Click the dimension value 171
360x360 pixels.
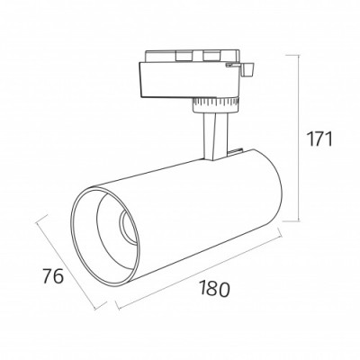(x=319, y=139)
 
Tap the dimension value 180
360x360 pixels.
(x=214, y=288)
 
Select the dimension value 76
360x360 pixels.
(x=53, y=276)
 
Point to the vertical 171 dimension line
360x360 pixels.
(x=299, y=139)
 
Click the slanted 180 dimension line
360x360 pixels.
(x=199, y=268)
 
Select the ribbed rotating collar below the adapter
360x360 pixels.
(x=215, y=105)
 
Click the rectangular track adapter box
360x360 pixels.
(x=190, y=80)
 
